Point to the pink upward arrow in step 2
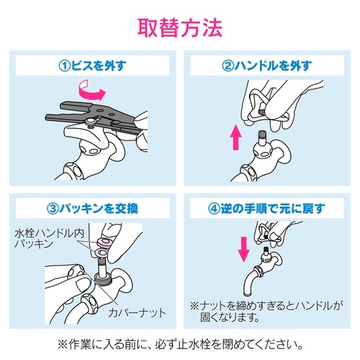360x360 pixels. coord(234,138)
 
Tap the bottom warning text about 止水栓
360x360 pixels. coord(180,342)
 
